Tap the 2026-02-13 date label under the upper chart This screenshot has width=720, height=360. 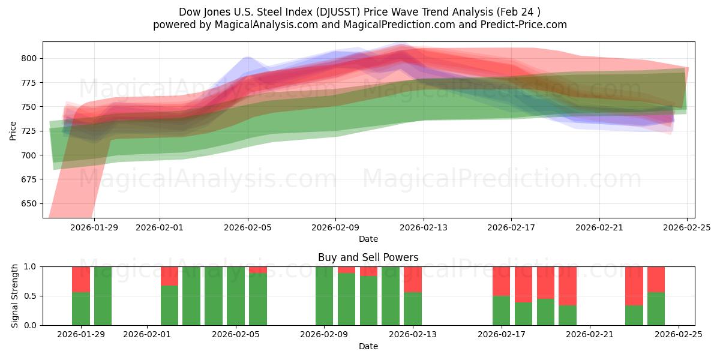coord(424,227)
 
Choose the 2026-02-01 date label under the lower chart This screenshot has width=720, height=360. coord(147,334)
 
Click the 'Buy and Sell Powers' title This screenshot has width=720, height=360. coord(368,257)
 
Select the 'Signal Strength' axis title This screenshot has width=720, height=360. coord(15,296)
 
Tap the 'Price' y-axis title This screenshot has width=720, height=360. coord(13,130)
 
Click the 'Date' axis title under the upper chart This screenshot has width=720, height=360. coord(368,239)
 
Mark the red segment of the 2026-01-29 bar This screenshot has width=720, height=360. coord(81,279)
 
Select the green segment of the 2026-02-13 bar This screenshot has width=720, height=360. coord(413,308)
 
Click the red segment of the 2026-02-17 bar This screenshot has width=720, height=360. coord(502,281)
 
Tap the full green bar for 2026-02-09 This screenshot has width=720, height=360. coord(325,296)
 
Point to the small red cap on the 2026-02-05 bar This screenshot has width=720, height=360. coord(258,270)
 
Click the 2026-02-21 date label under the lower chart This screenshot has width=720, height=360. coord(590,334)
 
